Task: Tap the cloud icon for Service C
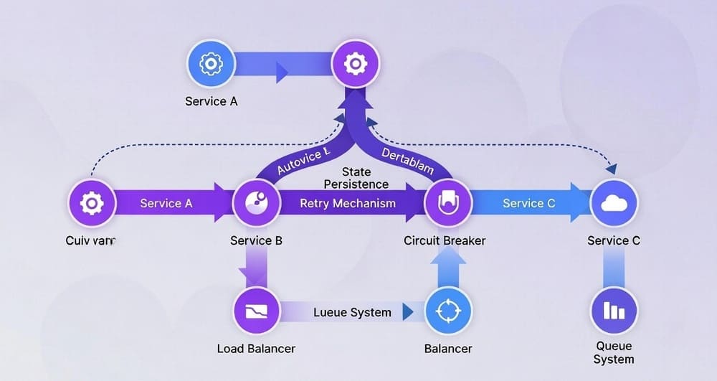614,204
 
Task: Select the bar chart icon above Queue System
614,311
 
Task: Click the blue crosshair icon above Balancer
449,311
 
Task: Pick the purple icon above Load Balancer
257,311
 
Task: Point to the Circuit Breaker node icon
448,203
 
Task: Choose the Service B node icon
257,203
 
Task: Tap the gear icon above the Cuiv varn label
91,204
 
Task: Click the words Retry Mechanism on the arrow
348,203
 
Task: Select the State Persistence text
356,178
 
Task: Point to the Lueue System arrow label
353,312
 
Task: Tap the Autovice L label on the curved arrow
303,161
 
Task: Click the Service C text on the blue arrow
529,203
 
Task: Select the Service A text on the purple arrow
166,203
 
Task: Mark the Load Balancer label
256,349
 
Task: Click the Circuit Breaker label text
445,240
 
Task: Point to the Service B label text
256,240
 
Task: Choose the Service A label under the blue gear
211,101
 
